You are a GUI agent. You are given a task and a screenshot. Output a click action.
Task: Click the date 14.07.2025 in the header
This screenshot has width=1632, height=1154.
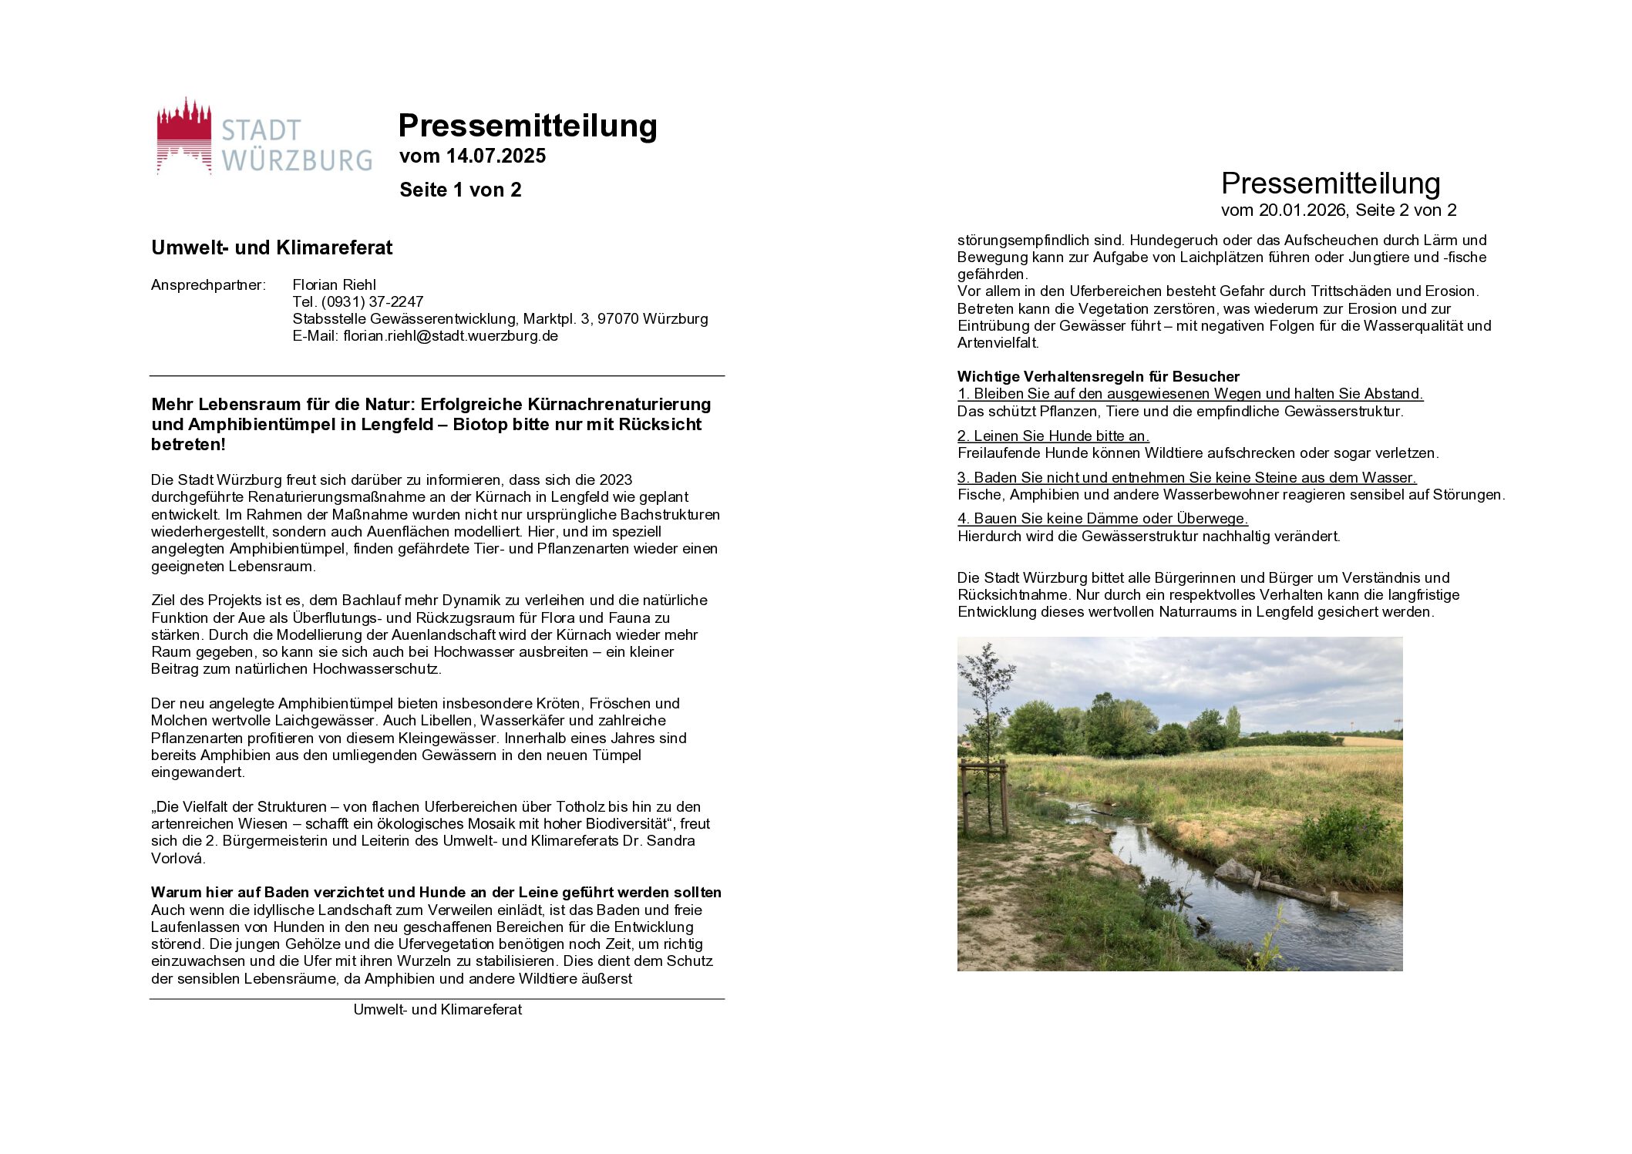click(x=496, y=156)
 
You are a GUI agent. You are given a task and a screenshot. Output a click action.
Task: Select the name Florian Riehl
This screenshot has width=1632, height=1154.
click(x=334, y=285)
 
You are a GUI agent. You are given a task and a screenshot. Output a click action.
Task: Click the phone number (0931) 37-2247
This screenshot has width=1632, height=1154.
click(x=372, y=302)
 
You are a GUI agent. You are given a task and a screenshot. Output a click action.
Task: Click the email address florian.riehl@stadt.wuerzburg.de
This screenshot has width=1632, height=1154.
click(x=450, y=336)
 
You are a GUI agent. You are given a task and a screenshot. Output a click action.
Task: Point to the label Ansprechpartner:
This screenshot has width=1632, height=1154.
click(x=208, y=285)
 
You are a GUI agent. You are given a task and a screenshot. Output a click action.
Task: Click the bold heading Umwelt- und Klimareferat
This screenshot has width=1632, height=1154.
click(x=271, y=248)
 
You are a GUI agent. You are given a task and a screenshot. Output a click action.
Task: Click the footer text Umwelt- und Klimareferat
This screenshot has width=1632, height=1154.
click(x=437, y=1010)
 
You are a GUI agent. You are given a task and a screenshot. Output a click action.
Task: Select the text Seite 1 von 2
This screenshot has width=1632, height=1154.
click(x=460, y=190)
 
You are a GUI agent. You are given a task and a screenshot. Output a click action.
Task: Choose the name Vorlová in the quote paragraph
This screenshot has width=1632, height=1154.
click(x=177, y=859)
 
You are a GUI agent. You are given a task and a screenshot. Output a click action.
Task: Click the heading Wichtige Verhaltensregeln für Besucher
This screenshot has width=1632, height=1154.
click(x=1098, y=377)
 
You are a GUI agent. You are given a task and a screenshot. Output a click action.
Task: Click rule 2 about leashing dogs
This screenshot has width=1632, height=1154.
click(x=1053, y=436)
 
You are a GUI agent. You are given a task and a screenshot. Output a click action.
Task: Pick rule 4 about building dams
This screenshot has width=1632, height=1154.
click(x=1102, y=519)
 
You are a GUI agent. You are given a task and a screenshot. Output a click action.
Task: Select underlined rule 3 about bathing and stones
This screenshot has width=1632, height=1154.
click(x=1186, y=478)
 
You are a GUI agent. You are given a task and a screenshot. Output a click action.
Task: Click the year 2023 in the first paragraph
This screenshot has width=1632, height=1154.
click(x=615, y=480)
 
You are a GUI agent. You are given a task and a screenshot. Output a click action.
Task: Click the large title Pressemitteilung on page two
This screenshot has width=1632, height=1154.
click(x=1331, y=184)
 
